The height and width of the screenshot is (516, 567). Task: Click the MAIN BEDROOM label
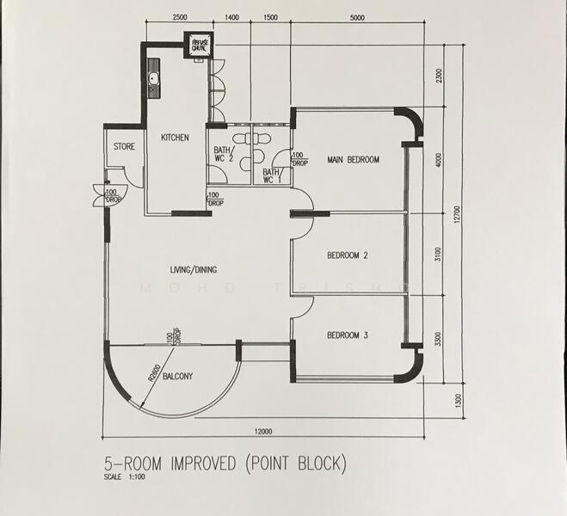point(353,160)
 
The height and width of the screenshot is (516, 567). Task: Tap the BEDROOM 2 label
point(348,255)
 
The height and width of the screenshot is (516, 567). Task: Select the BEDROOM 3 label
point(348,335)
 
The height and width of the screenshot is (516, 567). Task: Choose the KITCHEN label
point(175,138)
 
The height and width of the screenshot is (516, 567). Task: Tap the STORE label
point(124,147)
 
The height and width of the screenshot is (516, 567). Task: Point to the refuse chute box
point(200,45)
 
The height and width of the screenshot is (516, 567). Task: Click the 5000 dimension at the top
point(357,17)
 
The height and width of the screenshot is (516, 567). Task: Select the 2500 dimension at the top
point(179,17)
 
